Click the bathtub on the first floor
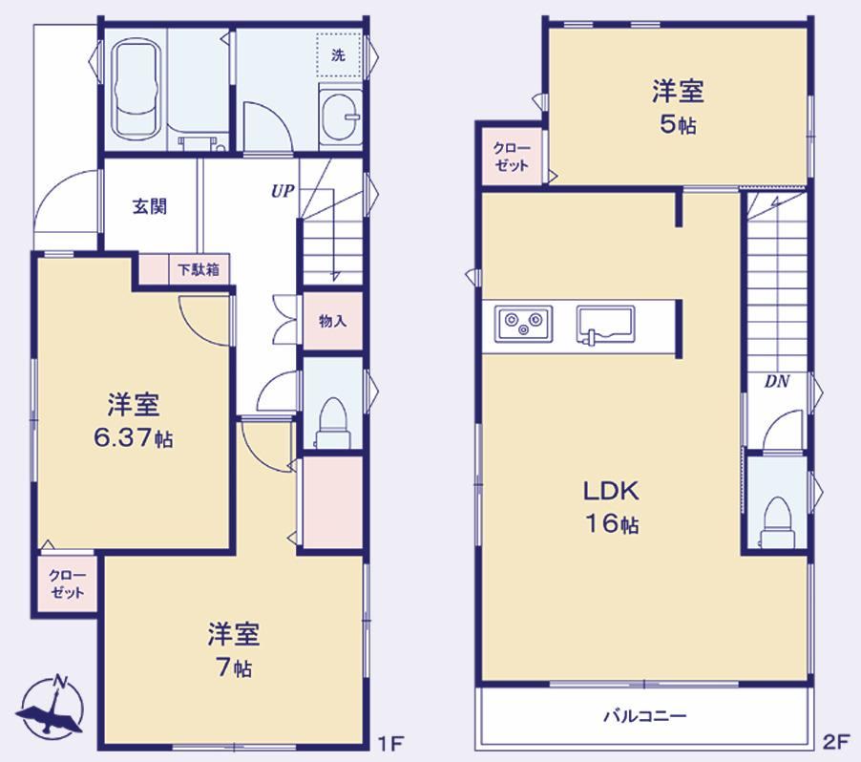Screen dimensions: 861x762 coord(136,89)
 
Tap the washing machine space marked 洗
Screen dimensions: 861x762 coord(338,55)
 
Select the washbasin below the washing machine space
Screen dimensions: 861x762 coord(341,118)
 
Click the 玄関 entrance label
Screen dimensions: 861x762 coord(149,206)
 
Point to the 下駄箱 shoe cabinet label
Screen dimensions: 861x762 coord(199,269)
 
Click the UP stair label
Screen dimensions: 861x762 coord(283,191)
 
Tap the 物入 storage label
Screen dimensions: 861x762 coord(333,321)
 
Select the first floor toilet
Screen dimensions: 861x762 coord(333,421)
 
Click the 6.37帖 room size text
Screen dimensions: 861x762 coord(134,438)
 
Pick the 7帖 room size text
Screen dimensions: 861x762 coord(234,667)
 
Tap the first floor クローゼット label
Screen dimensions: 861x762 coord(67,584)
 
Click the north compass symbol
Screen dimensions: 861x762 coord(51,706)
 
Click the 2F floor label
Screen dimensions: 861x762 coord(836,742)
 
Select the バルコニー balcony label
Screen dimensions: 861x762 coord(645,716)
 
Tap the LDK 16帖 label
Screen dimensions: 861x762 coord(611,507)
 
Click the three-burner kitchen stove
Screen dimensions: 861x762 coord(523,323)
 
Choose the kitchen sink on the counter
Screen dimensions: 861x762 coord(606,324)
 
